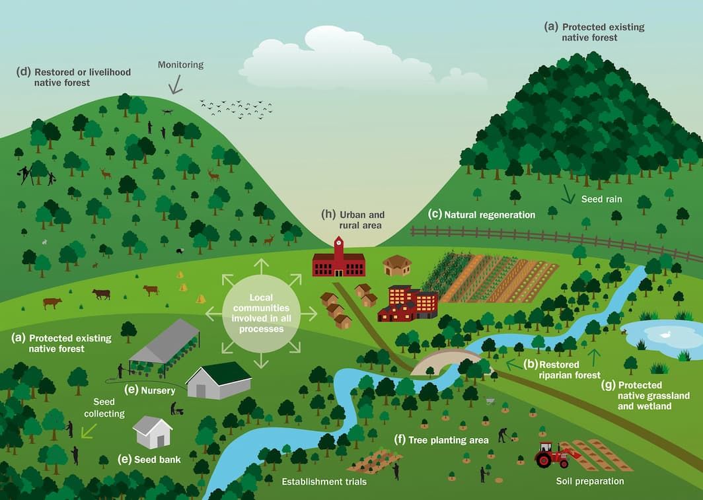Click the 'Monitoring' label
coord(180,65)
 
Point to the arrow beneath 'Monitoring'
coord(176,84)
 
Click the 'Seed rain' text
coord(601,198)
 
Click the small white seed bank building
coord(153,432)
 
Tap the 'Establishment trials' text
coord(324,482)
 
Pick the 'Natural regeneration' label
coord(482,215)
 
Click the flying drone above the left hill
coord(166,112)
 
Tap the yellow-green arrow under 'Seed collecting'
coord(88,430)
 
